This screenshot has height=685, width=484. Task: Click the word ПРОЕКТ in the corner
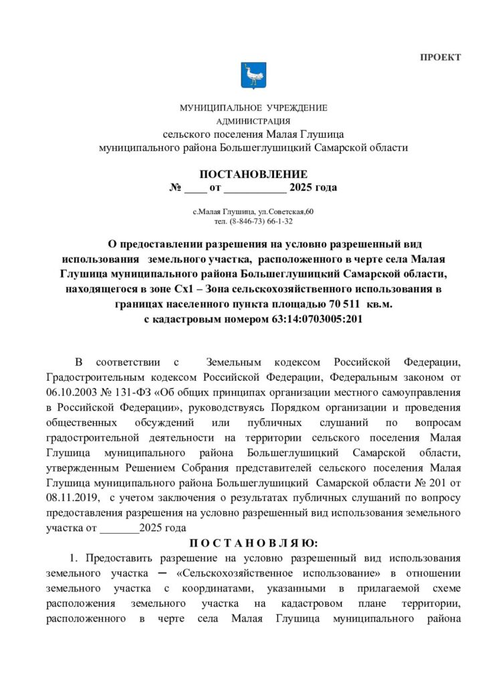point(441,57)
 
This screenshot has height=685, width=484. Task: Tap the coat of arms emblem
point(253,76)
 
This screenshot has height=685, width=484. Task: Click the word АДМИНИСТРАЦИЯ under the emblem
point(253,121)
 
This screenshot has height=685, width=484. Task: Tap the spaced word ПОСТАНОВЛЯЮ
point(253,542)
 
